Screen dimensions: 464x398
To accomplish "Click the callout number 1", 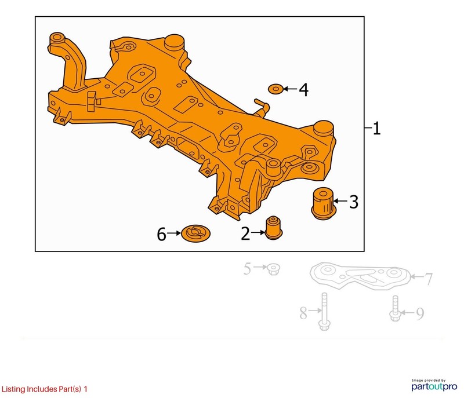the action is point(376,129).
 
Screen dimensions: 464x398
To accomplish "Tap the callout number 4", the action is point(304,90).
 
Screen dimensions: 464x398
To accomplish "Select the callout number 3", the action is point(354,202).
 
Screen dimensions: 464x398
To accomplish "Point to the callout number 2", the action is point(245,233).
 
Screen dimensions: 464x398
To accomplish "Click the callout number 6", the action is point(162,235).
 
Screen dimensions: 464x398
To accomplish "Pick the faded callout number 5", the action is point(248,269).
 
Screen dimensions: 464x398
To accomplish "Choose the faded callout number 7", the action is point(429,279).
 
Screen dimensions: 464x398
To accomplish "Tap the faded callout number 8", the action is point(303,313).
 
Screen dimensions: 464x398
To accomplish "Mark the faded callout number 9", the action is point(420,314).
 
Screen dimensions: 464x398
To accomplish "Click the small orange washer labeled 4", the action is point(275,89).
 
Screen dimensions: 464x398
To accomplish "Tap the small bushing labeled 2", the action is point(273,228).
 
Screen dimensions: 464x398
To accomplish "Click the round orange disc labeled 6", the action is point(195,233).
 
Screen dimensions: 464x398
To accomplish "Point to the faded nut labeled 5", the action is point(273,269).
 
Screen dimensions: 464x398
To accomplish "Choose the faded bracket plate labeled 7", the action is point(360,275).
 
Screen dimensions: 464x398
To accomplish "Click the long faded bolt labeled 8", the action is point(324,312).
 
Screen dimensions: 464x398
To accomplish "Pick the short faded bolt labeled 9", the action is point(395,308).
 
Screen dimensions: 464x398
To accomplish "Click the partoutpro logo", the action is point(434,385).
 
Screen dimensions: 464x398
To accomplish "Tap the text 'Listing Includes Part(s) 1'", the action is point(45,389).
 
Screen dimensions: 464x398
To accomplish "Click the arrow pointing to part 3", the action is point(340,201).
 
